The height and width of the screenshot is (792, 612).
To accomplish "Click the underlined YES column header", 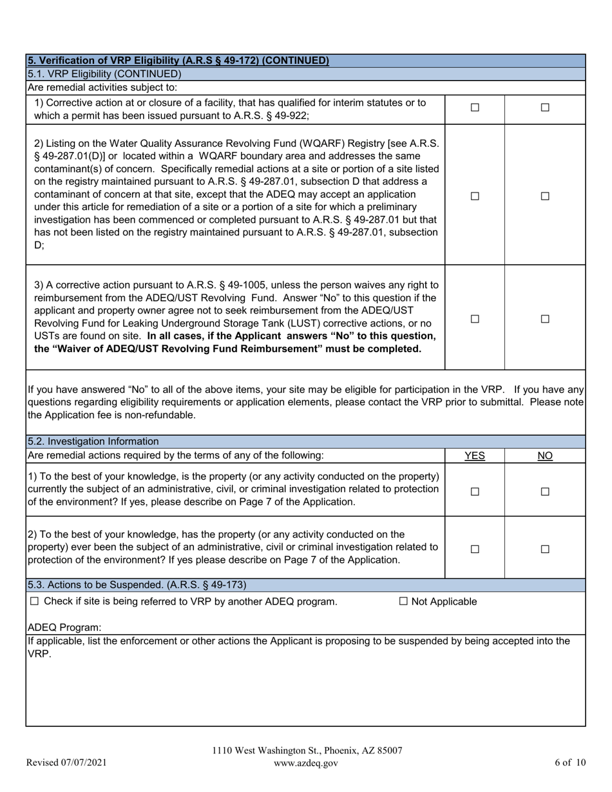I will click(x=475, y=456).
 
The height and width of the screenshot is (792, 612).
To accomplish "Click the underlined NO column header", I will click(x=545, y=456).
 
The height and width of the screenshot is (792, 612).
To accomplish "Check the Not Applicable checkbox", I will click(x=404, y=601).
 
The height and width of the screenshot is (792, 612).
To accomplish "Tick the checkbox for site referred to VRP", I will click(x=35, y=601).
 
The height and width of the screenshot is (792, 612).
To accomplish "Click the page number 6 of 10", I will click(x=570, y=763).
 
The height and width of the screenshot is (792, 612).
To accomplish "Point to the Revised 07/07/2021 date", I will click(x=66, y=763).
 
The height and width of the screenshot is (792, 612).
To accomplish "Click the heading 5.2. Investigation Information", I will click(x=93, y=442).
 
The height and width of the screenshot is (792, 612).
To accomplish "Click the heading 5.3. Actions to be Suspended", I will click(x=137, y=585).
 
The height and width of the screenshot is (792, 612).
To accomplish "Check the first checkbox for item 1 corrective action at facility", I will click(x=475, y=108).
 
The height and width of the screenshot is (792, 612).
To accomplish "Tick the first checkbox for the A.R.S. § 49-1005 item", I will click(x=475, y=319).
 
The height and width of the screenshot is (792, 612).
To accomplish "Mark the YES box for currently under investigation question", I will click(x=475, y=491).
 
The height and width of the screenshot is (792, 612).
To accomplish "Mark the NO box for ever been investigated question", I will click(x=545, y=549).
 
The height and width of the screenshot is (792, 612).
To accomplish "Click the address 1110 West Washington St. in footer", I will click(x=307, y=751).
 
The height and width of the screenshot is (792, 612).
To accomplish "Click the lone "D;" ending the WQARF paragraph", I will click(x=39, y=245).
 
